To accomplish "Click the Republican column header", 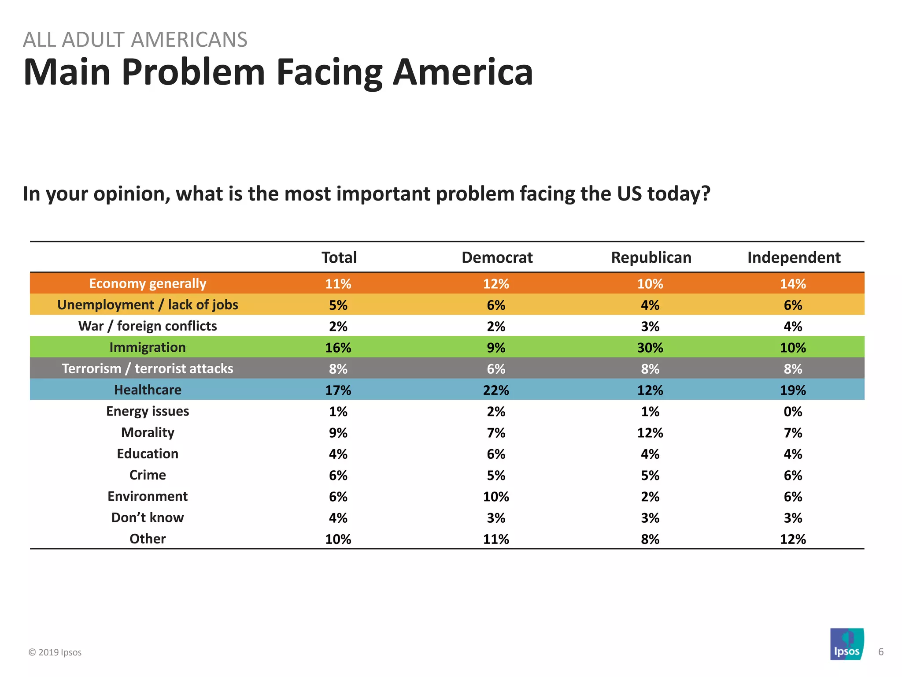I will (651, 257).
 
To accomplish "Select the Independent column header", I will (794, 257).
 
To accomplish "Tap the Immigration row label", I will (148, 347).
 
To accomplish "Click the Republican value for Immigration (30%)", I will (650, 348).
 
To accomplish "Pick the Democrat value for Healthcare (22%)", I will (496, 391).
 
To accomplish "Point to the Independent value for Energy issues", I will (793, 412).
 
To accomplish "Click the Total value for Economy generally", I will (338, 284).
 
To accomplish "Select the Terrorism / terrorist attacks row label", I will (148, 368).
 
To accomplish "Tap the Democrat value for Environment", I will (496, 497).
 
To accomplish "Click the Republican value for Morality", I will (650, 433).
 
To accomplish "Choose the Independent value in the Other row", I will (793, 539).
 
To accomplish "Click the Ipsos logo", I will (847, 644).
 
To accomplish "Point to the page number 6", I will (881, 652).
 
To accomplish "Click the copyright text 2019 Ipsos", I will (55, 652).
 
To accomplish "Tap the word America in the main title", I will (462, 72).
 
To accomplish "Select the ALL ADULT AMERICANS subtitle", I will (135, 40).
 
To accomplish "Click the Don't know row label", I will (148, 517).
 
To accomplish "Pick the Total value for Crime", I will (338, 476).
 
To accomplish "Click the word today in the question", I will (678, 194).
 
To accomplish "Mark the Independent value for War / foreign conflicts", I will (793, 327).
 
